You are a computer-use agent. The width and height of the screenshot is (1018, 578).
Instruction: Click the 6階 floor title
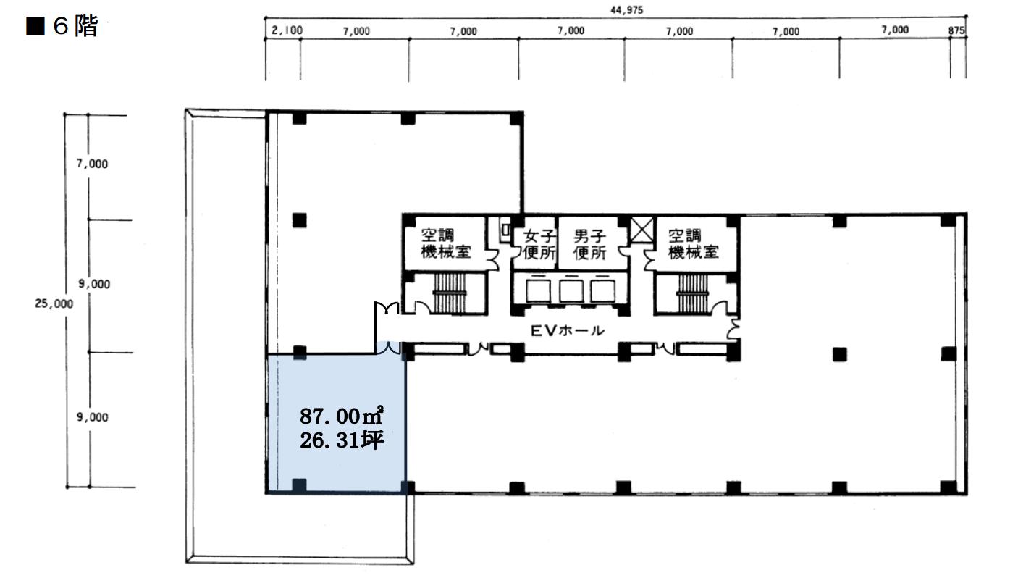[75, 26]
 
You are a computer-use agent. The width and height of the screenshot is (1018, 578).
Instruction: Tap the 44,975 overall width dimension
[627, 10]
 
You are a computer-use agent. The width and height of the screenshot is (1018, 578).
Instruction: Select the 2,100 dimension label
[287, 30]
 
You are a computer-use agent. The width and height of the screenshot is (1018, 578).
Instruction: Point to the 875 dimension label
[956, 30]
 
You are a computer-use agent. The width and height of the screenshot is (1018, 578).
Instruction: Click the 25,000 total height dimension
[54, 303]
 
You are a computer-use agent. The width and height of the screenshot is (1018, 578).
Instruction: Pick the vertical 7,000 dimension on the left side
[92, 164]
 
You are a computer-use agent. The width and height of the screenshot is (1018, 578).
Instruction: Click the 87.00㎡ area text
[342, 416]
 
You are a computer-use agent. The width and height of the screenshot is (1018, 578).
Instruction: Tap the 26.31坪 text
[342, 440]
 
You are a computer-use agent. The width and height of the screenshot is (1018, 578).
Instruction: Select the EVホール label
[568, 330]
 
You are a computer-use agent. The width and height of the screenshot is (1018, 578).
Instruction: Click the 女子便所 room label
[539, 244]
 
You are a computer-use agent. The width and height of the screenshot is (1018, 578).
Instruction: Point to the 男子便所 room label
[589, 244]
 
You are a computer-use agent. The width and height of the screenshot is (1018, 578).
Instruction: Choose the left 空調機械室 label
[445, 243]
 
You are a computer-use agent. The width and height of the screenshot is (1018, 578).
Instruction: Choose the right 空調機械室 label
[693, 243]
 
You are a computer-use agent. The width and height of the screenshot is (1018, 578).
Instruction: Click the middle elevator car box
[571, 290]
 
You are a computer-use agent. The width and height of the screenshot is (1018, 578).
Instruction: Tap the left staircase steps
[450, 293]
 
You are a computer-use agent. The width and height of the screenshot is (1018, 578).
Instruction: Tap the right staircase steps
[693, 294]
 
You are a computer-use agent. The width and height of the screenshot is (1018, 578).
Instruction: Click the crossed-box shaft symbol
[642, 230]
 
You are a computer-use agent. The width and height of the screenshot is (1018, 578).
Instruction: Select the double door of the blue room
[389, 348]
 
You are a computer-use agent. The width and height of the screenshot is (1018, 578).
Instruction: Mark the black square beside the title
[35, 26]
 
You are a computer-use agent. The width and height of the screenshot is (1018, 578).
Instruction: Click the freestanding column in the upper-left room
[300, 220]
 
